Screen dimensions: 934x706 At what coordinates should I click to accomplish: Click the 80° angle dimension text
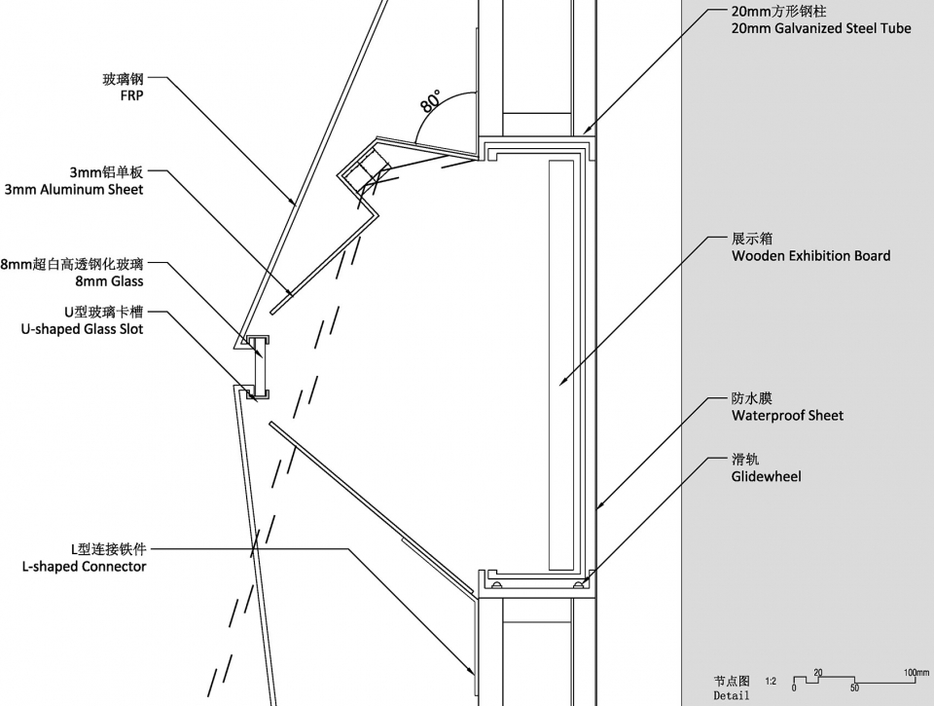pos(431,101)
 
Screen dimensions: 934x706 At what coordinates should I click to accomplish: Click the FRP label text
pos(131,96)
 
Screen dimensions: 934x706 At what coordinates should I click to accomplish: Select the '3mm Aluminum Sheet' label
pos(74,190)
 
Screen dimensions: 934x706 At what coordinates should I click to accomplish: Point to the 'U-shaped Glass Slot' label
pos(82,329)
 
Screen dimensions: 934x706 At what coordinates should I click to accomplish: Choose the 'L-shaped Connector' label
pos(84,567)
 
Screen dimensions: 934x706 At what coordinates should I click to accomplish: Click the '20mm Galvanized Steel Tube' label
pos(821,28)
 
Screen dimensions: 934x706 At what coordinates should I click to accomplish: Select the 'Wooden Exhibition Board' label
pos(811,256)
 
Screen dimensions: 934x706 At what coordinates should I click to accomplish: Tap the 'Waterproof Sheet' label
pos(787,416)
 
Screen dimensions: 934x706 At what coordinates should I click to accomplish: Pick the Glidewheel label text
pos(766,476)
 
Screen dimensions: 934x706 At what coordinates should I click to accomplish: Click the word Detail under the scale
pos(731,696)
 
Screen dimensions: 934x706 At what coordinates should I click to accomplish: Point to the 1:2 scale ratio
pos(771,681)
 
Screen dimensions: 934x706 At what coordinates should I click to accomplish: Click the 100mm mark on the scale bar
pos(916,673)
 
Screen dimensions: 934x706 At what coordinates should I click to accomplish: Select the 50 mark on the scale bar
pos(855,688)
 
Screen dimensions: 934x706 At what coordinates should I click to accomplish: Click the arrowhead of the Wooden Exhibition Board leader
pos(562,382)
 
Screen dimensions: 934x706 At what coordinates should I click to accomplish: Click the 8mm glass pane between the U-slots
pos(259,368)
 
